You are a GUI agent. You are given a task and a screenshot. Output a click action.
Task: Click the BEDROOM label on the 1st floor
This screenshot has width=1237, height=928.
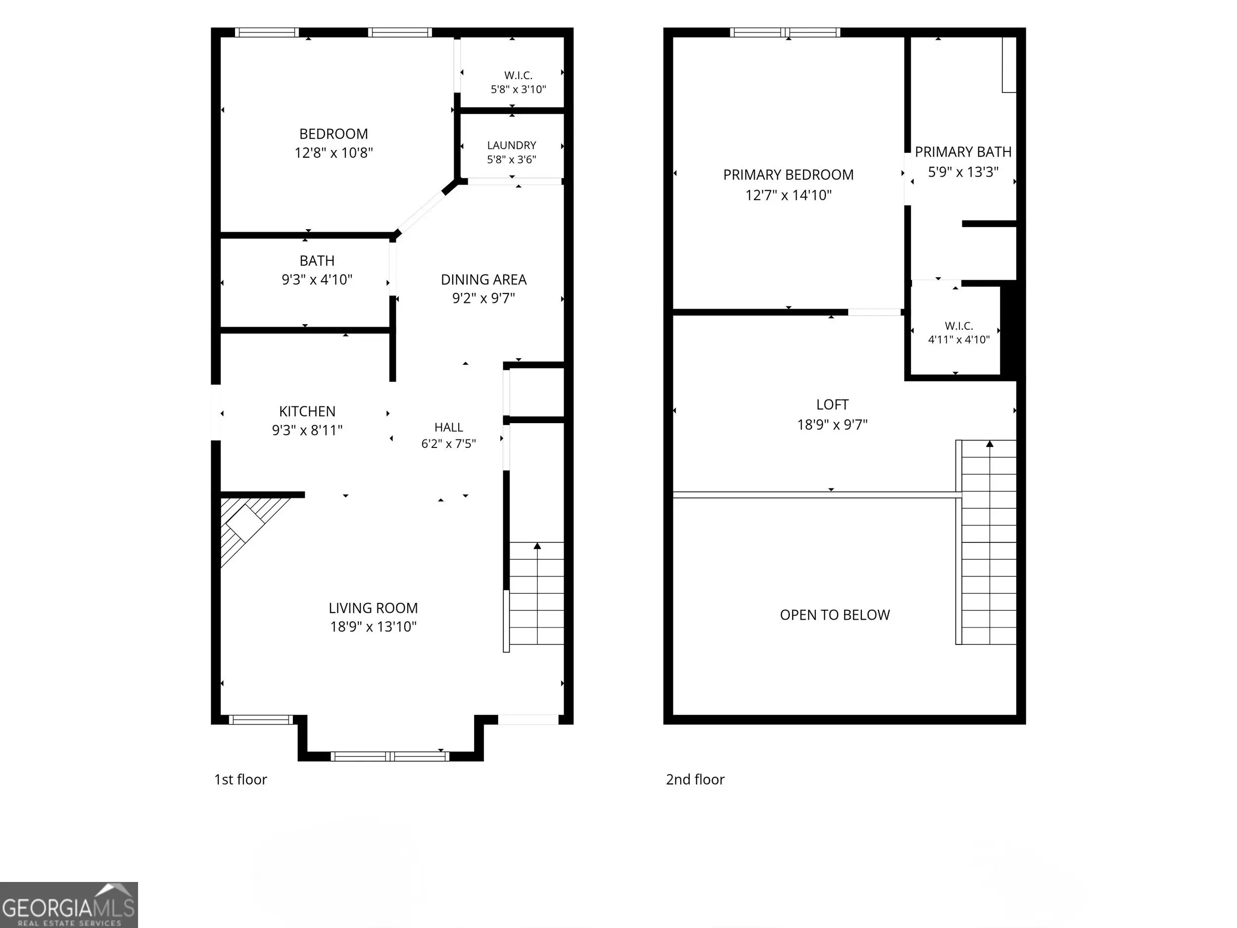[x=333, y=134]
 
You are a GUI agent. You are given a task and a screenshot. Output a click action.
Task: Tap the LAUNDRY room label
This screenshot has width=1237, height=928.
[x=512, y=146]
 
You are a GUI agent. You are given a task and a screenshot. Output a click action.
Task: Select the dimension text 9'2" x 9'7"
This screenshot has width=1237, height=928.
[x=484, y=298]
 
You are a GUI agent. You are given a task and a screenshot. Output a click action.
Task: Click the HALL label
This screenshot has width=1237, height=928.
[x=448, y=427]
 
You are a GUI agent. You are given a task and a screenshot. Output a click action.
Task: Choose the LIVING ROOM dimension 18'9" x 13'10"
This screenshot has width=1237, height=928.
[x=373, y=627]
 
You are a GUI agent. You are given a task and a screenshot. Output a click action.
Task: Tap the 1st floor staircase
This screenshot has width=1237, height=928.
[x=536, y=593]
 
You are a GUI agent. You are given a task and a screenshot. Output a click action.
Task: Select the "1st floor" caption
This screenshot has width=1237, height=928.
[x=240, y=779]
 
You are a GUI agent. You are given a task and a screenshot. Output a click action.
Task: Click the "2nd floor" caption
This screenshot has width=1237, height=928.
[x=695, y=779]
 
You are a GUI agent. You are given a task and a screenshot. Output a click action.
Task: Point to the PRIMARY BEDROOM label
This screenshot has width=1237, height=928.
[x=789, y=175]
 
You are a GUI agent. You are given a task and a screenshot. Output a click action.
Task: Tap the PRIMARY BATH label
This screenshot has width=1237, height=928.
[x=963, y=152]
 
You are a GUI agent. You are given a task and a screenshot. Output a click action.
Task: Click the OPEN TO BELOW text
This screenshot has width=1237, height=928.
[x=835, y=615]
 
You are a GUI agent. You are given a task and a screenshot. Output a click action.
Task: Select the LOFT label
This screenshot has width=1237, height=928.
[x=832, y=405]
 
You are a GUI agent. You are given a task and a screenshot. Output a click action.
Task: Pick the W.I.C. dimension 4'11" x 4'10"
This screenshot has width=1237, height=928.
[x=959, y=340]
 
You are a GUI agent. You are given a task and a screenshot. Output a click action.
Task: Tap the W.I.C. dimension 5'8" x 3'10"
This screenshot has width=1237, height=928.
[x=519, y=90]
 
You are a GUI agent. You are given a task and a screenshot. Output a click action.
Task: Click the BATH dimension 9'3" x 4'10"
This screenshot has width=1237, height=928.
[x=317, y=280]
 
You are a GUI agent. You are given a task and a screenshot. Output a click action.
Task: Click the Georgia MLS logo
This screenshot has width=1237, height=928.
[x=68, y=905]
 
